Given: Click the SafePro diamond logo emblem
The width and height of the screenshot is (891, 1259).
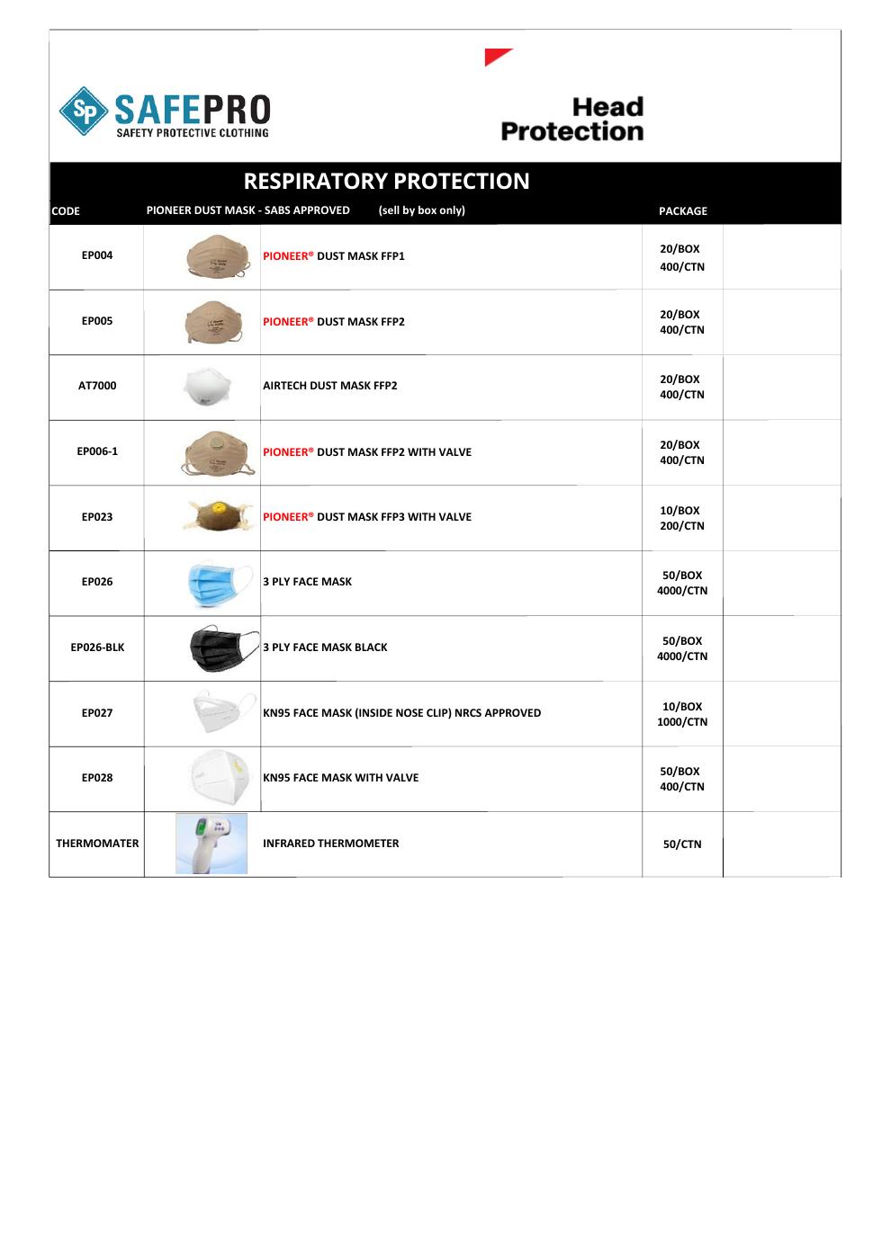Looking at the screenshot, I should pyautogui.click(x=84, y=112).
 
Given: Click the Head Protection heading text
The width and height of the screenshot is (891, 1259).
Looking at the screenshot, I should pyautogui.click(x=572, y=120).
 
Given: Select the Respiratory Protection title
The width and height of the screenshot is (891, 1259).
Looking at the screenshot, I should pyautogui.click(x=386, y=181).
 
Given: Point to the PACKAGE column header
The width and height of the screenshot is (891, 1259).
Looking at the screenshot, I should pyautogui.click(x=682, y=211).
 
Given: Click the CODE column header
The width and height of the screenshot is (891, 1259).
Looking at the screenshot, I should pyautogui.click(x=66, y=211).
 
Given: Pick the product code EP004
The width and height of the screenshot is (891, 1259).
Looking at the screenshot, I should pyautogui.click(x=97, y=255).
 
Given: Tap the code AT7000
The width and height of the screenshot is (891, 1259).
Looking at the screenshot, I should pyautogui.click(x=97, y=386).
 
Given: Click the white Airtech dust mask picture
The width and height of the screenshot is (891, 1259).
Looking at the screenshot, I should pyautogui.click(x=206, y=388).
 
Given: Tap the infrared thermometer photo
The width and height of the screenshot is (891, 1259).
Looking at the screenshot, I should pyautogui.click(x=211, y=844).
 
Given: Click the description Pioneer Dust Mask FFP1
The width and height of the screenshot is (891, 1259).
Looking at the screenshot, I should pyautogui.click(x=333, y=256).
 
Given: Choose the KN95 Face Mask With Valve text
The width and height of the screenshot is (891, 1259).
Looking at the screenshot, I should pyautogui.click(x=340, y=778).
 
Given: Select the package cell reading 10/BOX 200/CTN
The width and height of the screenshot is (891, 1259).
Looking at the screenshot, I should pyautogui.click(x=681, y=518).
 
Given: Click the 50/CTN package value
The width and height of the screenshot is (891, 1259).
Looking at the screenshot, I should pyautogui.click(x=681, y=844).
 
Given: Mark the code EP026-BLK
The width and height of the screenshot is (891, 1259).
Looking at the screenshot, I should pyautogui.click(x=97, y=647).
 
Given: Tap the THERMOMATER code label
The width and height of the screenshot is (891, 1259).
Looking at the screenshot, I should pyautogui.click(x=97, y=844).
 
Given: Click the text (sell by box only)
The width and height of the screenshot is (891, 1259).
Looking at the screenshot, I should pyautogui.click(x=421, y=210).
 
